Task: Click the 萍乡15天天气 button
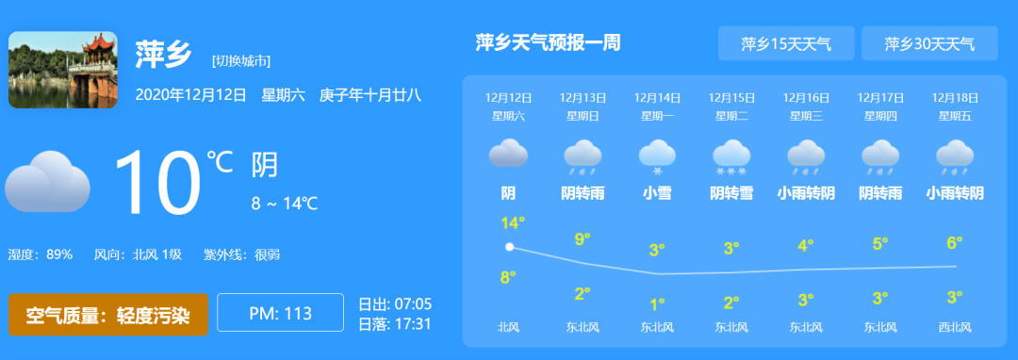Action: click(x=785, y=43)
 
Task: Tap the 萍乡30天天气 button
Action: click(x=928, y=43)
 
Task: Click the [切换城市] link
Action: click(x=241, y=60)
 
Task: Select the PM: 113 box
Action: click(x=280, y=313)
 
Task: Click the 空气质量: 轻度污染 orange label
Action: click(x=108, y=314)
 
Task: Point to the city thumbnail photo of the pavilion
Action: click(x=63, y=70)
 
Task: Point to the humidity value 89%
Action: click(x=59, y=254)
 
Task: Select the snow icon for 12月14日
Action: click(x=657, y=155)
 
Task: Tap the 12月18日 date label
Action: click(x=954, y=97)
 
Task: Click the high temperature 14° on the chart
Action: click(x=512, y=223)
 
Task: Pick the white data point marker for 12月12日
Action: click(x=510, y=247)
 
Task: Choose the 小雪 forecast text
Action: click(x=657, y=193)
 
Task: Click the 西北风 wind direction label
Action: click(x=954, y=328)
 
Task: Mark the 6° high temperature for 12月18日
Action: click(x=954, y=243)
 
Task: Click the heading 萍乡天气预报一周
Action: click(x=548, y=42)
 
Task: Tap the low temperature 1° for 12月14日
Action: click(x=657, y=303)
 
